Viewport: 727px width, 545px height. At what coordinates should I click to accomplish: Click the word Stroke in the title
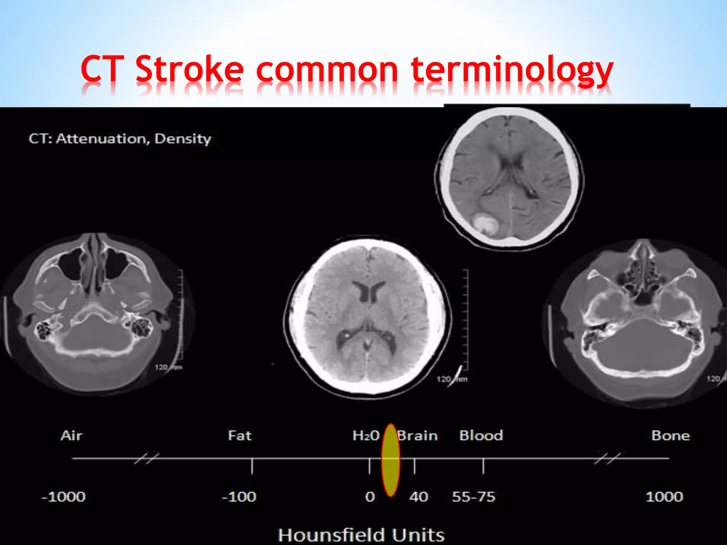(x=190, y=69)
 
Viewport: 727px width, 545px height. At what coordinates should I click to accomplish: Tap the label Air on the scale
(x=71, y=435)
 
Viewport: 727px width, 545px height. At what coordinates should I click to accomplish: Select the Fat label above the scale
(x=240, y=435)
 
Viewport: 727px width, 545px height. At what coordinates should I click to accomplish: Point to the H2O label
(x=366, y=435)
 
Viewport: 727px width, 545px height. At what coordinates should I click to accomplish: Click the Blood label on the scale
(x=481, y=435)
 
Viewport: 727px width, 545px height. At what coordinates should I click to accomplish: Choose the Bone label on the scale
(x=670, y=435)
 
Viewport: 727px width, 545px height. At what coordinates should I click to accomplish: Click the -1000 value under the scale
(x=64, y=497)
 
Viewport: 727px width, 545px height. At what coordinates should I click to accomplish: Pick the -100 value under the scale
(x=239, y=497)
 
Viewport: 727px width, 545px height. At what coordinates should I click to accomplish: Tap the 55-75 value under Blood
(x=473, y=497)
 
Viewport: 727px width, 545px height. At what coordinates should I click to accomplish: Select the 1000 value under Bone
(x=664, y=497)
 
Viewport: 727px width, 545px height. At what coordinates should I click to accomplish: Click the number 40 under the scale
(x=419, y=497)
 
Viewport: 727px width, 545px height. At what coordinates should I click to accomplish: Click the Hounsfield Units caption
(x=361, y=535)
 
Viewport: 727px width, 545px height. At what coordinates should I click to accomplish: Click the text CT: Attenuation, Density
(x=120, y=138)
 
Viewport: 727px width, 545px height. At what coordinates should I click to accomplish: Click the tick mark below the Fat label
(x=252, y=466)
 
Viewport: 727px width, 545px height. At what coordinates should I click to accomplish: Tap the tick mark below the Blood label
(x=483, y=466)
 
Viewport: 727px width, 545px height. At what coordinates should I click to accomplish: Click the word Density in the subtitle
(x=183, y=138)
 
